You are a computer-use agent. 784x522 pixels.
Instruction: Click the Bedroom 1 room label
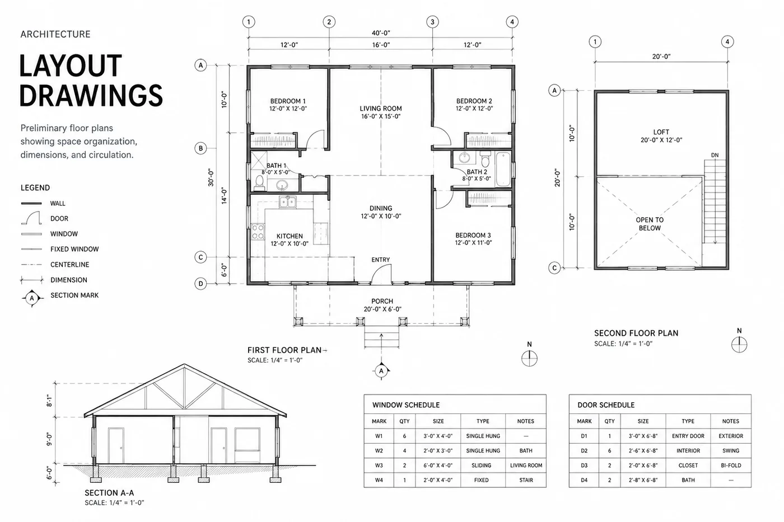coord(288,101)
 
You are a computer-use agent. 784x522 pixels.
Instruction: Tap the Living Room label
coord(380,109)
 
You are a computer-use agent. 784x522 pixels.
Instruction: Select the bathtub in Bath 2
coord(503,169)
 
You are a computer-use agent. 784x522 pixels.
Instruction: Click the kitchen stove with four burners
coord(258,232)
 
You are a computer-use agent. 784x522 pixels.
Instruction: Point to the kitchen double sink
coord(287,202)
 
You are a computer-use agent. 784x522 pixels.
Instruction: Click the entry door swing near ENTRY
coord(381,274)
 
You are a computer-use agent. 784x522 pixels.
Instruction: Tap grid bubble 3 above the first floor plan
coord(432,22)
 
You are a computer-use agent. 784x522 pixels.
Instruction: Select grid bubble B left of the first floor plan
coord(200,148)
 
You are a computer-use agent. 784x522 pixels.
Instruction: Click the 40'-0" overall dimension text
coord(381,33)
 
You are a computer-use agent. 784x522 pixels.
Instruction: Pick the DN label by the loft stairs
coord(715,155)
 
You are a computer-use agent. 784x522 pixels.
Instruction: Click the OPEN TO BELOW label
coord(650,224)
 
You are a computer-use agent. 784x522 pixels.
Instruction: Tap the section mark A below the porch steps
coord(381,370)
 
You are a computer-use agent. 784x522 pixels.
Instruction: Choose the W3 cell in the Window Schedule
coord(379,465)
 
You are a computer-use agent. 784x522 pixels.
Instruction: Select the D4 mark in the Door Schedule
coord(584,480)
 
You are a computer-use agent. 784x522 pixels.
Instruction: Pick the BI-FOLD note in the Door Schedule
coord(731,465)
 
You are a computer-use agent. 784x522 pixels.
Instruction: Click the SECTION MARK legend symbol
coord(32,298)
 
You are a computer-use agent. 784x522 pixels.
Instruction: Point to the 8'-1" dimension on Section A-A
coord(49,401)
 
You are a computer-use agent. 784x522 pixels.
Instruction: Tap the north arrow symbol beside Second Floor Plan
coord(739,345)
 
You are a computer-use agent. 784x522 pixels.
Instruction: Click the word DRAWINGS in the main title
coord(91,96)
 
